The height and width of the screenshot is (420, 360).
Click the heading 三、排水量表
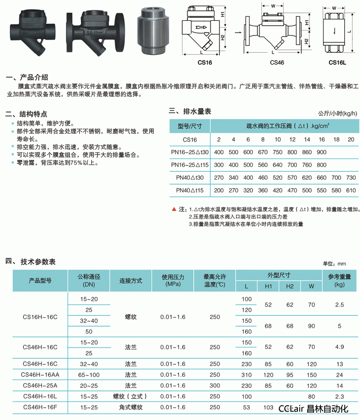(x=190, y=112)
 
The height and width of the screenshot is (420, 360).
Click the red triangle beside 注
(x=174, y=209)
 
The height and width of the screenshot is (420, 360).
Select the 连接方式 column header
(x=131, y=280)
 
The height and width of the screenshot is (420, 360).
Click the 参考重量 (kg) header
(x=339, y=280)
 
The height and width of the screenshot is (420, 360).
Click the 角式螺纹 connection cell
(x=131, y=407)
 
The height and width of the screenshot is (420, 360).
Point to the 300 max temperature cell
(x=215, y=385)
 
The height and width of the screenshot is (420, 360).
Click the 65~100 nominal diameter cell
(x=89, y=375)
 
